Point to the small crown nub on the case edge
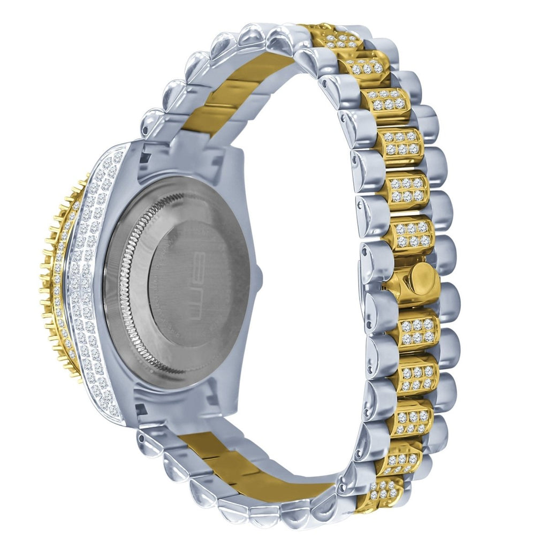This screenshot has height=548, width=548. [x=259, y=275]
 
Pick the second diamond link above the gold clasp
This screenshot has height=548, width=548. [x=408, y=190]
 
